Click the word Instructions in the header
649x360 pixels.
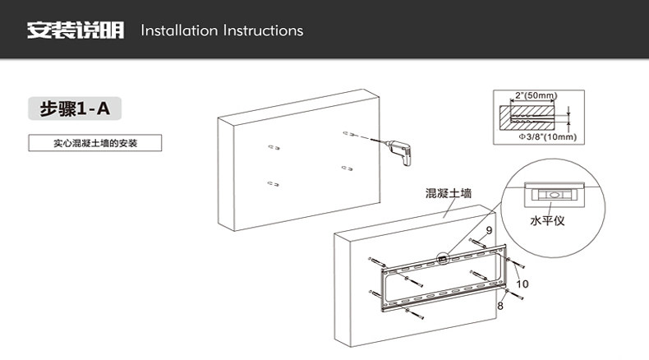[x=263, y=31]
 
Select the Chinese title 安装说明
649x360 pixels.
[x=76, y=31]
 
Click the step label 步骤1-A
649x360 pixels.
[x=76, y=108]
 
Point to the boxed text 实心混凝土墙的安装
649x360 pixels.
[x=96, y=143]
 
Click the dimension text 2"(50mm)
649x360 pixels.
[x=536, y=96]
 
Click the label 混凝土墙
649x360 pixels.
[x=448, y=193]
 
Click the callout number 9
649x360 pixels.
[x=489, y=230]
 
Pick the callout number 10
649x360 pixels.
[x=522, y=284]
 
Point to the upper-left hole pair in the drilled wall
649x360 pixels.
[x=274, y=148]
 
